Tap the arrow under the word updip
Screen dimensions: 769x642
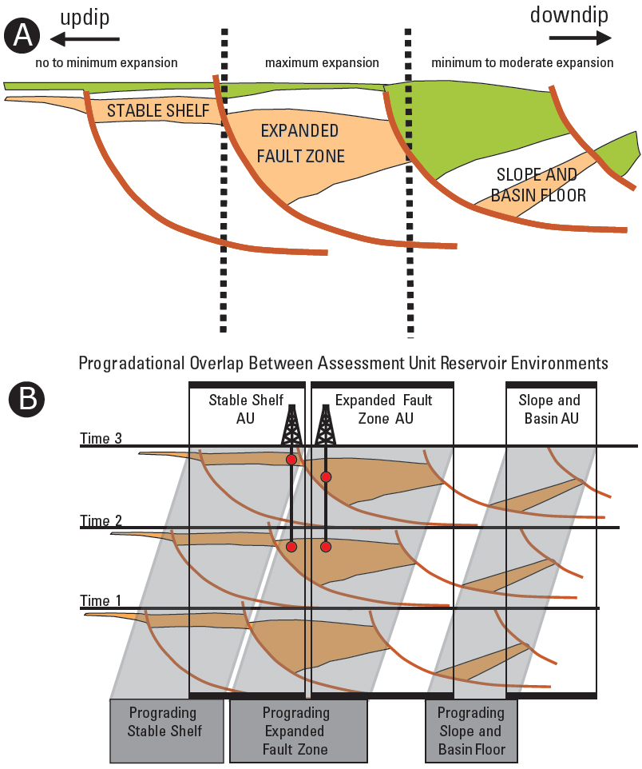click(85, 38)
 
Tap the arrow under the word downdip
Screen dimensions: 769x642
click(581, 37)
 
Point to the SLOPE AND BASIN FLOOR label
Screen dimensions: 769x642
click(541, 185)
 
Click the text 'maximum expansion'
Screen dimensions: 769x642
click(322, 62)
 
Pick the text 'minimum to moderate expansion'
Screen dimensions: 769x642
click(522, 62)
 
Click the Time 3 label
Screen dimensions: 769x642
click(101, 437)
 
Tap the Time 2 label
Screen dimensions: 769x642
click(101, 520)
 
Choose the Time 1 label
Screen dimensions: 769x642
click(101, 600)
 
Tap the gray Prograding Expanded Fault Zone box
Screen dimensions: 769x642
click(297, 730)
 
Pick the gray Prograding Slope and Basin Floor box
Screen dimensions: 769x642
click(470, 731)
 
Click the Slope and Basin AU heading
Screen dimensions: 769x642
click(549, 409)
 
